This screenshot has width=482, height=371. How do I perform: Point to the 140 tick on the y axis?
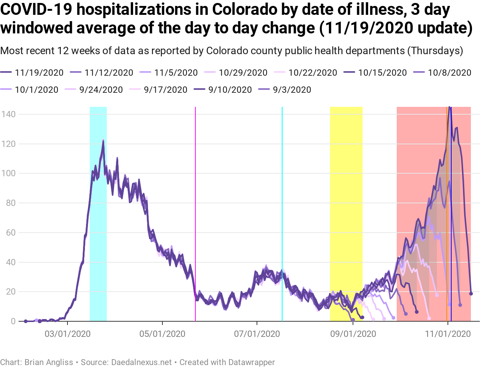(x=8, y=114)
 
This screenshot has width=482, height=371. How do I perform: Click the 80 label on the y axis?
(x=10, y=203)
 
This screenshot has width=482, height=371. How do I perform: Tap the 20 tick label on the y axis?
(x=10, y=292)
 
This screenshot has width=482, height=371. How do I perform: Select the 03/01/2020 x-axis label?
(x=67, y=334)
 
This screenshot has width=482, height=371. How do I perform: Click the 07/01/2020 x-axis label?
(x=257, y=334)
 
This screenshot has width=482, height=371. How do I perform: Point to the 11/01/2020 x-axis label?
(x=448, y=334)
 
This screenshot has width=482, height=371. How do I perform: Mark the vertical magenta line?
(x=195, y=213)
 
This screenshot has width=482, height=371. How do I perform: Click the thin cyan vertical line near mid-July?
(x=282, y=213)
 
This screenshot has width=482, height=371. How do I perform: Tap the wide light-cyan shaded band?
(x=98, y=213)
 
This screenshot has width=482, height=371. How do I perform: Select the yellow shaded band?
(x=346, y=213)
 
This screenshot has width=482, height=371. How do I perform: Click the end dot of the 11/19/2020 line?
(x=471, y=293)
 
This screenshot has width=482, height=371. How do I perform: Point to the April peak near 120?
(x=103, y=141)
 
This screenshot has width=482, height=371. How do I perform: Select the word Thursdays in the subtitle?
(x=435, y=50)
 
